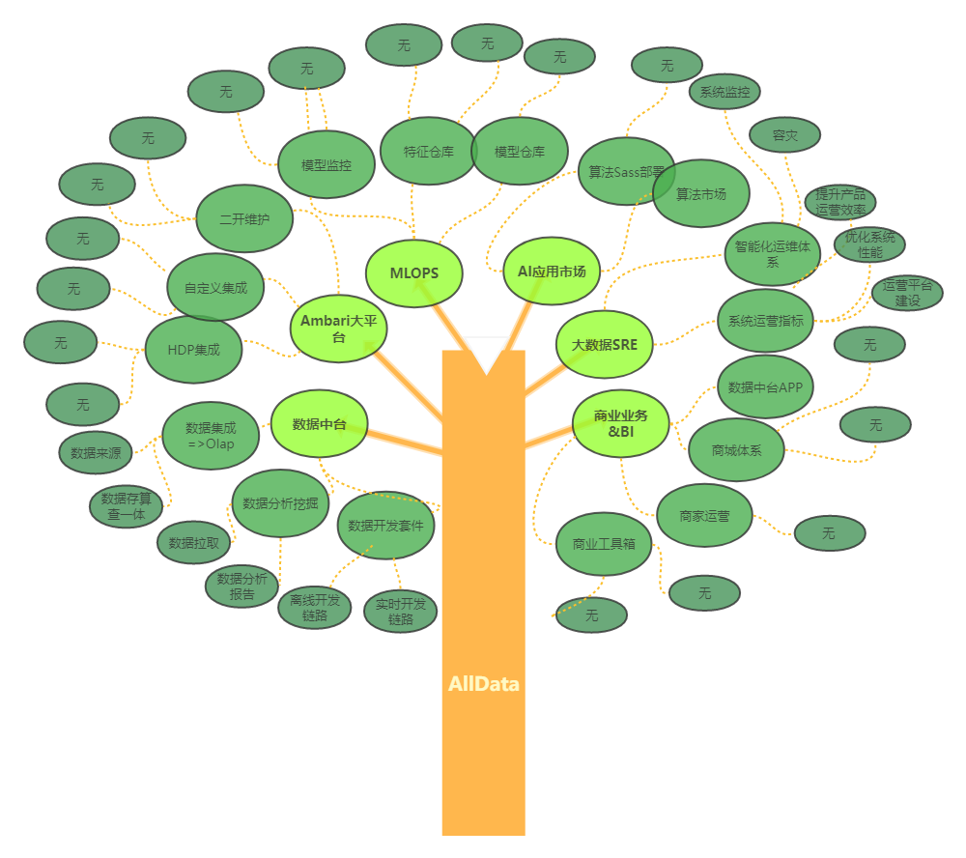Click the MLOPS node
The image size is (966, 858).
pos(414,273)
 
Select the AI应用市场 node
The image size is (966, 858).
pos(552,272)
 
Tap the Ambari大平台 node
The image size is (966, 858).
pos(338,329)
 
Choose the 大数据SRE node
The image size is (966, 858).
pos(605,344)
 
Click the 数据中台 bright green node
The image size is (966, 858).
pos(319,423)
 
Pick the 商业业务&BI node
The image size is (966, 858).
pos(620,423)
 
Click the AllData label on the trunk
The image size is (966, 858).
pos(483,684)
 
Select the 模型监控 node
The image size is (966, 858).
pos(327,165)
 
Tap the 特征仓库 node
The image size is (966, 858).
pos(429,152)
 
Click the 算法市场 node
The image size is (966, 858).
pos(701,194)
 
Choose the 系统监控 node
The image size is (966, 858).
pos(724,93)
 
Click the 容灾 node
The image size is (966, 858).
pos(784,136)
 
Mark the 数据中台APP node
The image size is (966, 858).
pos(765,387)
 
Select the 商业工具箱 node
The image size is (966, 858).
pos(605,544)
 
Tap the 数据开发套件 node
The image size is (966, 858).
pos(385,526)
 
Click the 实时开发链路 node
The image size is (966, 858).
pos(401,612)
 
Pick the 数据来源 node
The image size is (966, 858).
pos(96,452)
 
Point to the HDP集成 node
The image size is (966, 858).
pos(193,350)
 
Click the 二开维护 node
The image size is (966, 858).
pos(243,219)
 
